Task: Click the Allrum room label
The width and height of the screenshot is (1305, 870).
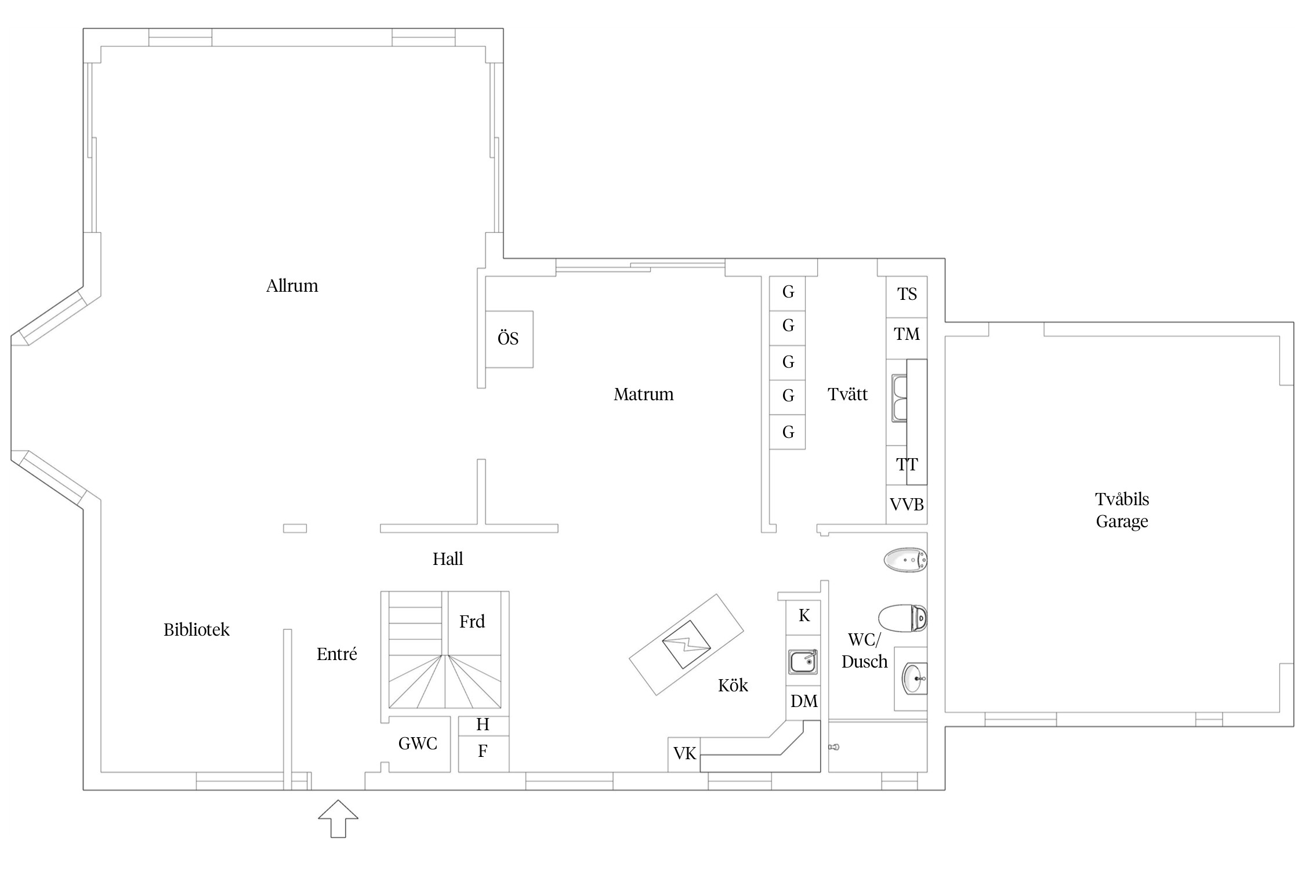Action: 292,286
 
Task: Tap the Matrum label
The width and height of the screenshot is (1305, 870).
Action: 643,394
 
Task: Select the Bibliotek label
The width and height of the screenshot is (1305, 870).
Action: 196,630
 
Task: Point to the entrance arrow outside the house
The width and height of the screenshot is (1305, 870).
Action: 338,818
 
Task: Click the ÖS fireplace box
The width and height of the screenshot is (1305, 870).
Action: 509,339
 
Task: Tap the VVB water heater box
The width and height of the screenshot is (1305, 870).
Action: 907,505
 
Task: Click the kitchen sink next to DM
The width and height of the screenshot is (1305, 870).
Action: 803,661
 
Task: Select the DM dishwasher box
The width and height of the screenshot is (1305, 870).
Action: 803,702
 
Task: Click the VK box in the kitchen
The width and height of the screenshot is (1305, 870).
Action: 684,754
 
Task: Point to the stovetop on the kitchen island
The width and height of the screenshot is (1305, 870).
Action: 687,644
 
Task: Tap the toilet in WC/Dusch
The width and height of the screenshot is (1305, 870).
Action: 902,618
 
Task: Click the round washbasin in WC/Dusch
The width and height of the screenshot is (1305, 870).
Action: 915,678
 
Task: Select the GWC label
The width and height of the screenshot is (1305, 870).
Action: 418,744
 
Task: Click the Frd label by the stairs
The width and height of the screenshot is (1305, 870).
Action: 472,622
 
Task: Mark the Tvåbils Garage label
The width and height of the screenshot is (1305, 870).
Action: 1122,510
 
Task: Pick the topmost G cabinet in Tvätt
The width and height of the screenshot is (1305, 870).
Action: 788,293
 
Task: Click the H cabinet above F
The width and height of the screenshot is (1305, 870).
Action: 484,726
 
